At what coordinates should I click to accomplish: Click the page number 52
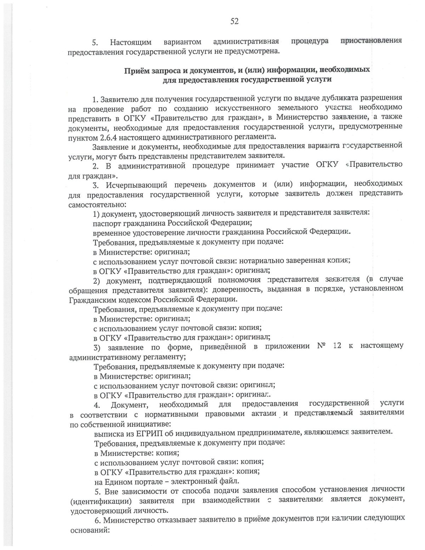[234, 21]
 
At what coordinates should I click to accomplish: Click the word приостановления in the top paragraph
[371, 40]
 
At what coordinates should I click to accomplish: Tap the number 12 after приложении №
[337, 346]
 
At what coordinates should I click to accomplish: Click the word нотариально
[260, 261]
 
